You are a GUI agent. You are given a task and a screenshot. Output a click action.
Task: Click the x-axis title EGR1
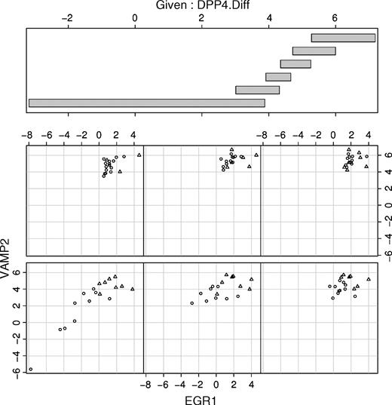tap(201, 397)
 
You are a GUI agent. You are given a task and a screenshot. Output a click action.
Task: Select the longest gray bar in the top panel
tap(147, 103)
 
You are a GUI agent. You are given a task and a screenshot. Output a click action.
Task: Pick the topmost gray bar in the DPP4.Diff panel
tap(343, 38)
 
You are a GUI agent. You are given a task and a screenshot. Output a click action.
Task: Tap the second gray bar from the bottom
tap(258, 90)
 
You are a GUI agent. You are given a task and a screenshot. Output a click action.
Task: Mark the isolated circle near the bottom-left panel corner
tap(31, 370)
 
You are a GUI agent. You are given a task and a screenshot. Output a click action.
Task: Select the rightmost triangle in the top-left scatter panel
tap(139, 155)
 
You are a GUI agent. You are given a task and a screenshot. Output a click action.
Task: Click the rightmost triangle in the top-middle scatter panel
tap(256, 155)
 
